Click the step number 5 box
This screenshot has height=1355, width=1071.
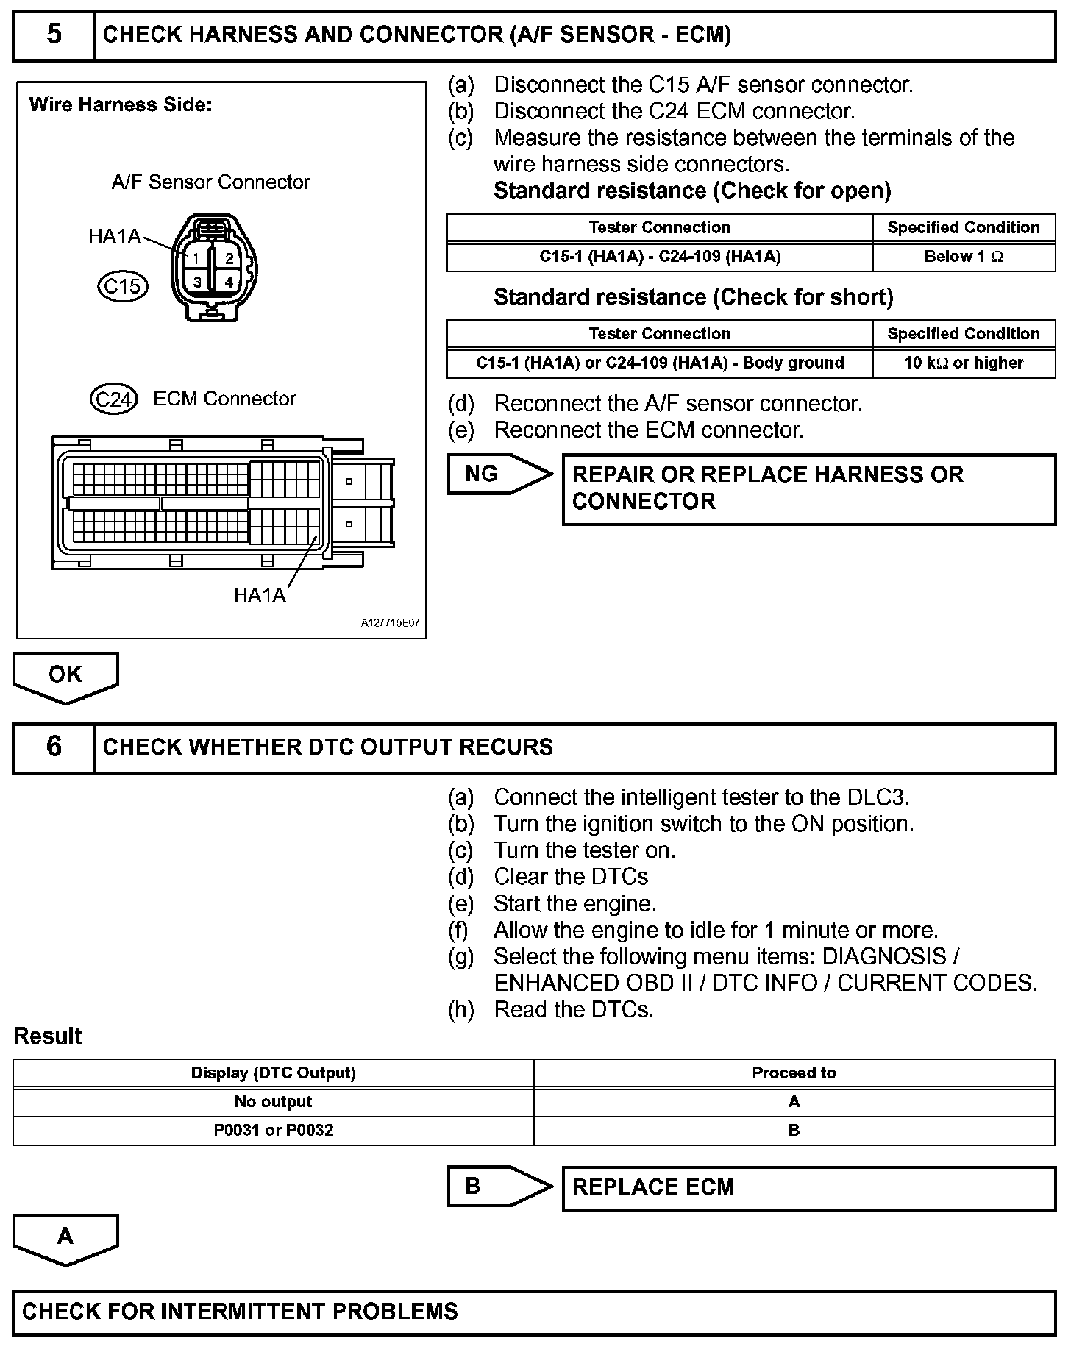pos(54,35)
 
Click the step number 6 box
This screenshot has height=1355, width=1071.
pos(54,747)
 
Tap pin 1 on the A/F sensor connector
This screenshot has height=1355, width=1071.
pos(196,258)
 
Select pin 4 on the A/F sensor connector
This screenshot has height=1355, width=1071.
pos(229,282)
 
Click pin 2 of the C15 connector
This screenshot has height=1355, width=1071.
pos(229,258)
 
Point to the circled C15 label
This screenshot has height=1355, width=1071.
pos(123,285)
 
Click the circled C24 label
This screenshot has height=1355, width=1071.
pos(113,399)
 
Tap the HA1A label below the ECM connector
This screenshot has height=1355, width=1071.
pos(259,595)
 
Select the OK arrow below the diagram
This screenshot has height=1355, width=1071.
pos(65,675)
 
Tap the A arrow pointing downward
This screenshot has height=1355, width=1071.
pos(65,1237)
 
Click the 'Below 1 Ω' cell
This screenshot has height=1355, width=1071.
pos(964,257)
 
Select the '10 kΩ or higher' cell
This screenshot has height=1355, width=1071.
pos(964,363)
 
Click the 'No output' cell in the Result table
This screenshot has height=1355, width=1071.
pos(273,1102)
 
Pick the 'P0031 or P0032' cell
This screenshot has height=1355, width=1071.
pos(273,1131)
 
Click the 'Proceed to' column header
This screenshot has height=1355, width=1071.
pos(794,1073)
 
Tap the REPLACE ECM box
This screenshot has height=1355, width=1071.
pos(808,1187)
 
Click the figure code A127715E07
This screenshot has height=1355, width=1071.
pos(390,623)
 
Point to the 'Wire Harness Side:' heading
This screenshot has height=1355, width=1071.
pos(121,105)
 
